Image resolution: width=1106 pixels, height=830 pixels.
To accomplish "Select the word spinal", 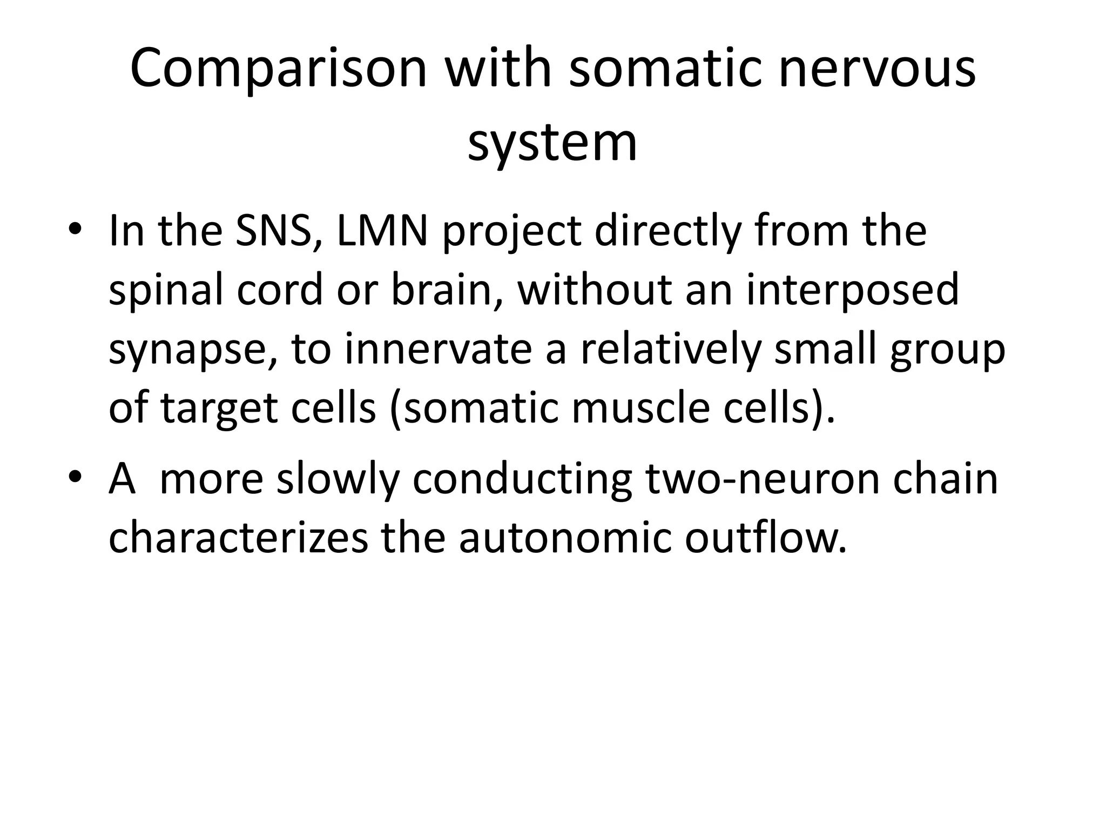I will pyautogui.click(x=166, y=291).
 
